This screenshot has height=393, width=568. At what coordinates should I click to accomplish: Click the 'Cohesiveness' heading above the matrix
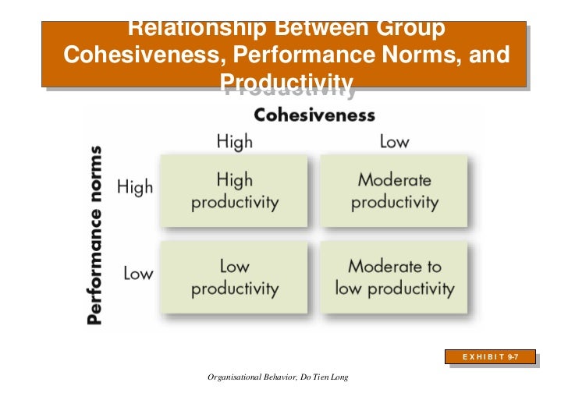[x=315, y=115]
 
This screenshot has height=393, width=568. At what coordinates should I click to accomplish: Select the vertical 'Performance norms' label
[x=98, y=235]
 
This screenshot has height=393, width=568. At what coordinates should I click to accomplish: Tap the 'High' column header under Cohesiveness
[x=234, y=141]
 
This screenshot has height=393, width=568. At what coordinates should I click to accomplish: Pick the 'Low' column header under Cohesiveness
[x=394, y=141]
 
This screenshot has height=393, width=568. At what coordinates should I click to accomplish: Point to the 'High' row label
[x=134, y=187]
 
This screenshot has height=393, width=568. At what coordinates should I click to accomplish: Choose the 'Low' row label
[x=137, y=274]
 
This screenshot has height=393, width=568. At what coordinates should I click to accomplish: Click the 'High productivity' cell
[x=235, y=191]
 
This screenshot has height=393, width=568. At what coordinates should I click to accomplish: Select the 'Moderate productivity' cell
[x=394, y=191]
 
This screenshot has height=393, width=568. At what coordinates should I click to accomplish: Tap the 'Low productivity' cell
[x=235, y=277]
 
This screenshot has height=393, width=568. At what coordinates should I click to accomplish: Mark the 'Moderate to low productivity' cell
[x=394, y=277]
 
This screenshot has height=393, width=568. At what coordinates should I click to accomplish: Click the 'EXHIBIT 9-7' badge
[x=492, y=357]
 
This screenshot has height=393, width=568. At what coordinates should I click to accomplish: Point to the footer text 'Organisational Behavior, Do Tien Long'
[x=277, y=377]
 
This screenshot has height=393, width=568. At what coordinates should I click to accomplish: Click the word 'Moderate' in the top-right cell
[x=394, y=180]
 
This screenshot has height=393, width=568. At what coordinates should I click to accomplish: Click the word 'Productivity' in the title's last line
[x=287, y=83]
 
